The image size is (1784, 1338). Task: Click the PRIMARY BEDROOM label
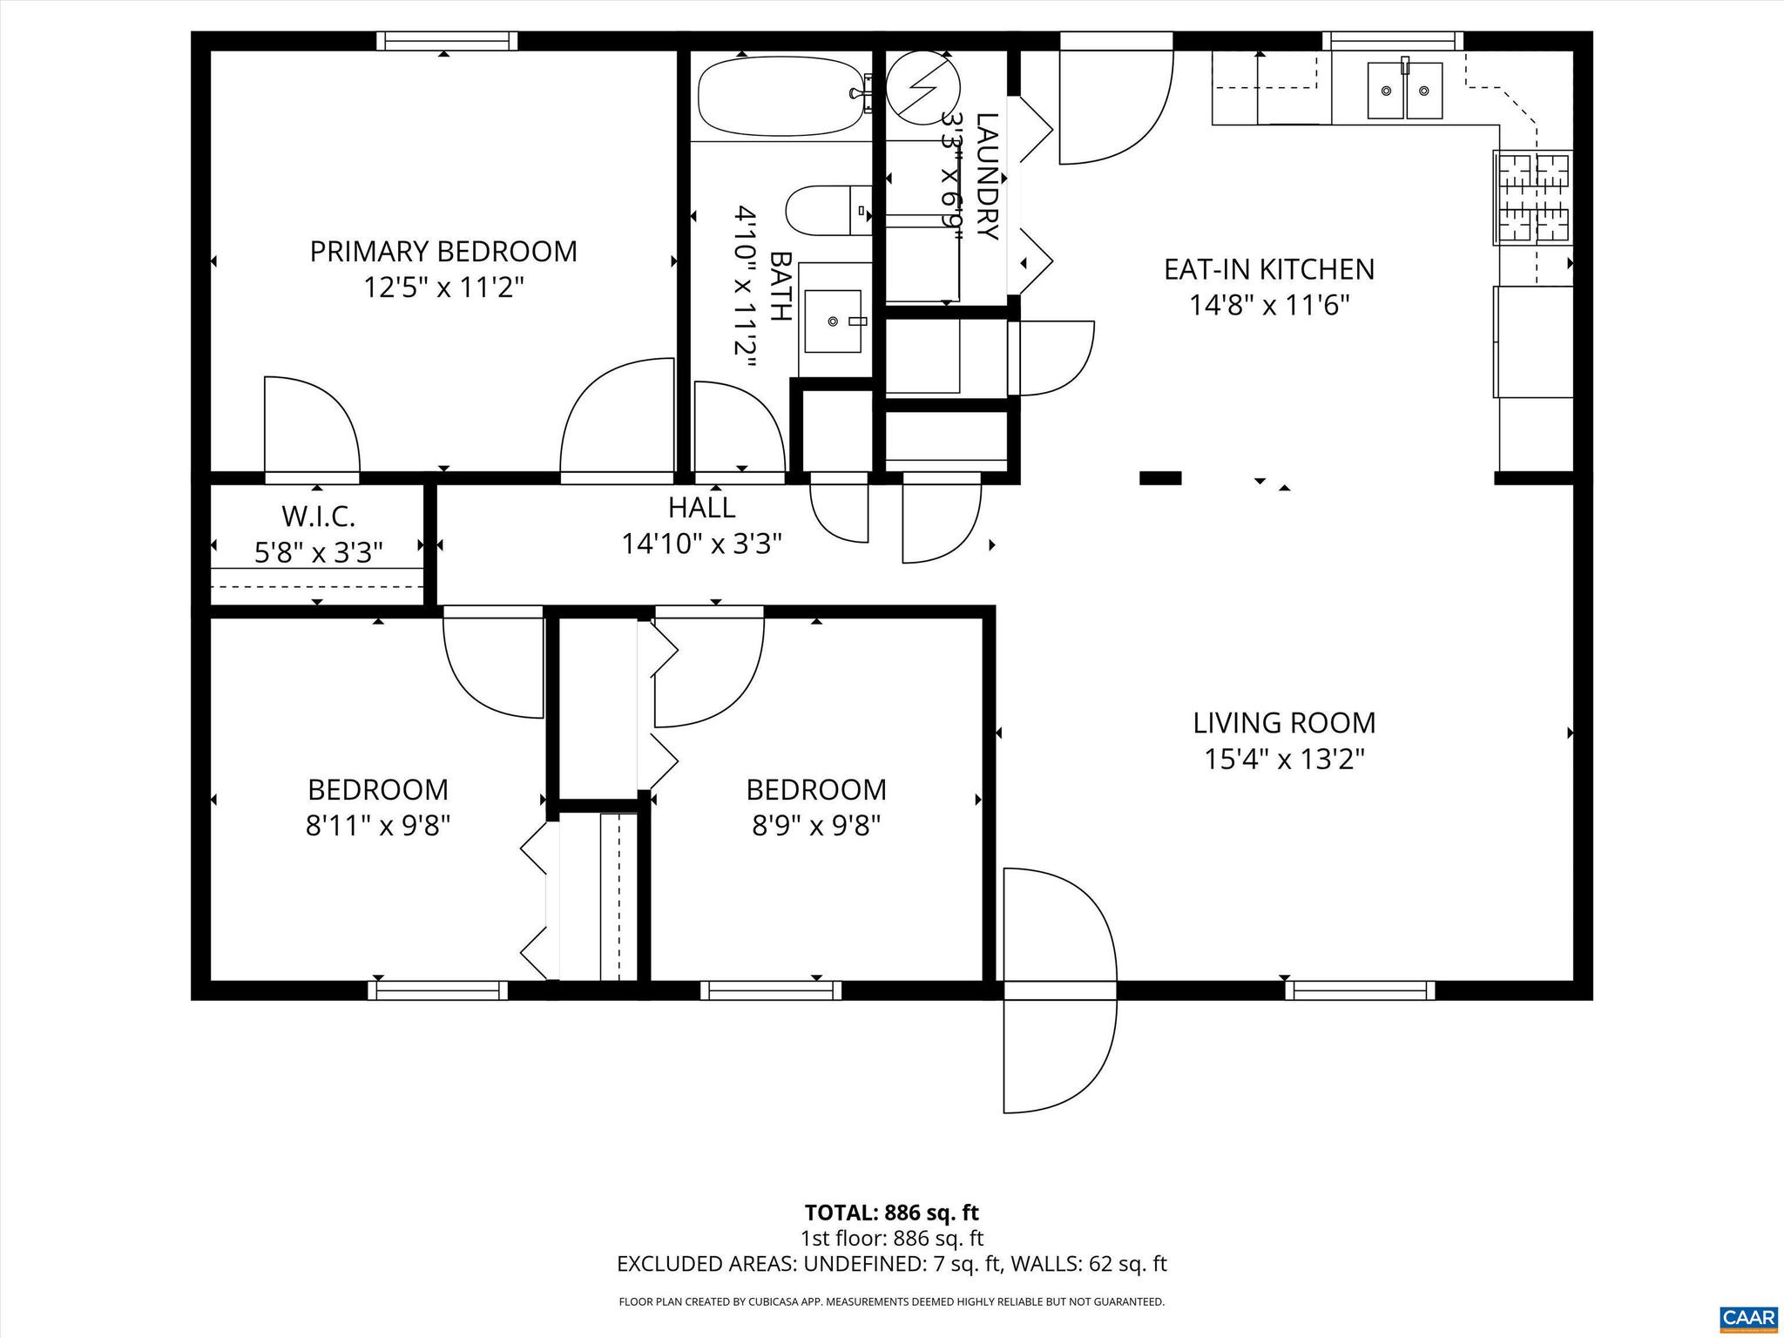pos(443,251)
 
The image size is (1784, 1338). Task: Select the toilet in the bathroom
pos(828,210)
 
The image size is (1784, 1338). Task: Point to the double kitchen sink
pos(1404,91)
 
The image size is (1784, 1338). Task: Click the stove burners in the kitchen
pos(1533,198)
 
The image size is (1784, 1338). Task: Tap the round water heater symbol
pos(922,86)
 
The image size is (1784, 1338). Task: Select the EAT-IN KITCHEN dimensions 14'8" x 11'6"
pos(1269,306)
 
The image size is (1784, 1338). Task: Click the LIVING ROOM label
pos(1284,722)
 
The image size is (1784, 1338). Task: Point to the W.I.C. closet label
pos(318,517)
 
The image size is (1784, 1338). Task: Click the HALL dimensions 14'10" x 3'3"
pos(701,544)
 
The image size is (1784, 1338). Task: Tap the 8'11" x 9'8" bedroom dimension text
pos(377,825)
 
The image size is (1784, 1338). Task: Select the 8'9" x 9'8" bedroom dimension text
pos(816,825)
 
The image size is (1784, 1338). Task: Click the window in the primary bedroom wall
pos(447,41)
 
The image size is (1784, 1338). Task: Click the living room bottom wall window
pos(1359,990)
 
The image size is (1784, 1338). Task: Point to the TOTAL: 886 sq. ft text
pos(891,1213)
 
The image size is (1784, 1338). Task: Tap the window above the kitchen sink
pos(1392,41)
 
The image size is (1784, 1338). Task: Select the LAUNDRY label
pos(986,176)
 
